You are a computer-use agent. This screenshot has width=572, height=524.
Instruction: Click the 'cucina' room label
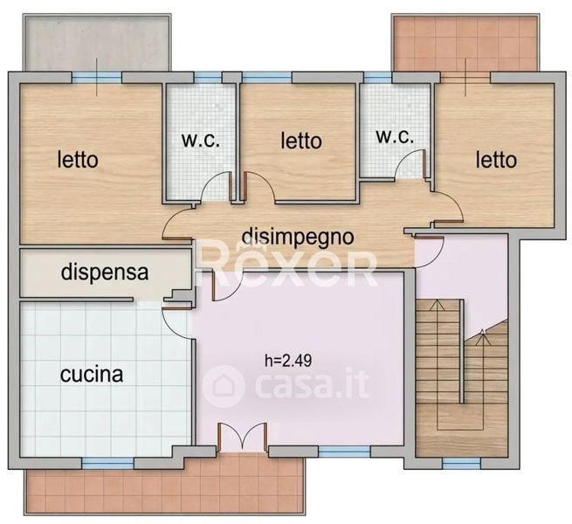click(x=92, y=375)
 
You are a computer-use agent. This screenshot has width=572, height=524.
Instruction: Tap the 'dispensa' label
click(x=105, y=272)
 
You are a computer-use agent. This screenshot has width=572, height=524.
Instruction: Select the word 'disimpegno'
click(x=298, y=238)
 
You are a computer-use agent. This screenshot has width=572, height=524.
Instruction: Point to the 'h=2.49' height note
click(x=288, y=361)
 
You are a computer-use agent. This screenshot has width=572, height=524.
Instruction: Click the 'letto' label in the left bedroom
click(x=78, y=160)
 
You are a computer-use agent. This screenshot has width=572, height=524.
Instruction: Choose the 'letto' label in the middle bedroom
click(x=301, y=141)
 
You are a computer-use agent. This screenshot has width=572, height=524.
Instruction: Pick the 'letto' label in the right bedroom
click(x=496, y=160)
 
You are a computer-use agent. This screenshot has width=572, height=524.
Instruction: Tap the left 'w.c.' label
click(x=201, y=140)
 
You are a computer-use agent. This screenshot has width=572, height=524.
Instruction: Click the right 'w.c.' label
click(x=395, y=137)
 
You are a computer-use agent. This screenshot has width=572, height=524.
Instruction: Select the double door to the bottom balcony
click(x=242, y=438)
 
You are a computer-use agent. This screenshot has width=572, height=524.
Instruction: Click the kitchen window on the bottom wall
click(x=107, y=463)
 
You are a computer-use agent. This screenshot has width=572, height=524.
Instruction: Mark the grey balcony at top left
click(x=97, y=42)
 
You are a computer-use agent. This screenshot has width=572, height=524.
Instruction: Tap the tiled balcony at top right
click(x=465, y=43)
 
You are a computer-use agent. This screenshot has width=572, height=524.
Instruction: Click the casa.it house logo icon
click(x=224, y=386)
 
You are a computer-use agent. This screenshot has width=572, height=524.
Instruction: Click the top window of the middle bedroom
click(x=267, y=78)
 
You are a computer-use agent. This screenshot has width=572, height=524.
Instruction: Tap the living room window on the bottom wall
click(x=344, y=452)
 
